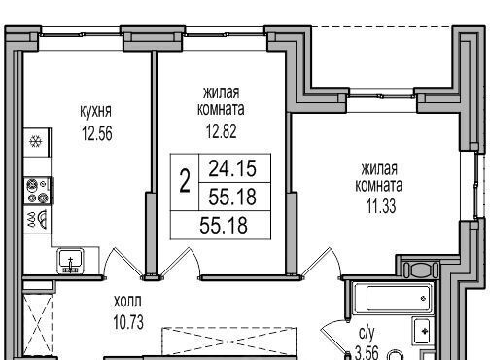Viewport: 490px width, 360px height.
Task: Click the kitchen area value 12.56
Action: pyautogui.click(x=97, y=133)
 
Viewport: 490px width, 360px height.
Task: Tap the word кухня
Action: pyautogui.click(x=95, y=112)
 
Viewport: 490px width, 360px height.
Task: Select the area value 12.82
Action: pyautogui.click(x=222, y=131)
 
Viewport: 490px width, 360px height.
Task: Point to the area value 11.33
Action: pyautogui.click(x=381, y=206)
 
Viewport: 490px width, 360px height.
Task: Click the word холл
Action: pyautogui.click(x=127, y=302)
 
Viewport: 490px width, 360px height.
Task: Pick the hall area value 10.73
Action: pyautogui.click(x=128, y=322)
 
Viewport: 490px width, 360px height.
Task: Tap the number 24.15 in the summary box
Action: pyautogui.click(x=232, y=168)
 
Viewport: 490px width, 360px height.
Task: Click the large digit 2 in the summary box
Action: pyautogui.click(x=185, y=182)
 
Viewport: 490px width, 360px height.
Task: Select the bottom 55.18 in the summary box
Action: pyautogui.click(x=224, y=226)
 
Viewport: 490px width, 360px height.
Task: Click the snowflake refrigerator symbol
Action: pyautogui.click(x=36, y=142)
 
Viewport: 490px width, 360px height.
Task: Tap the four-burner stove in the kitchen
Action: pyautogui.click(x=38, y=191)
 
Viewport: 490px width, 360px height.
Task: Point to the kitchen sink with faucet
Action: pyautogui.click(x=71, y=261)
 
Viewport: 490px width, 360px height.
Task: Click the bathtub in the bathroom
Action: pyautogui.click(x=393, y=299)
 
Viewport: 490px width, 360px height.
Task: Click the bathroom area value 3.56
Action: pyautogui.click(x=367, y=352)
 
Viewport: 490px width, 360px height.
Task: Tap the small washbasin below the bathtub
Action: pyautogui.click(x=421, y=331)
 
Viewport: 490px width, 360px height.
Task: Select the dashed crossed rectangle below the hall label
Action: pyautogui.click(x=229, y=341)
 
